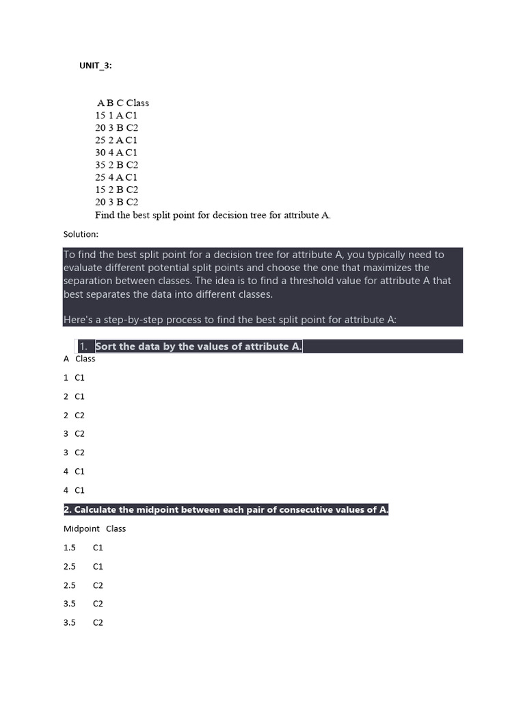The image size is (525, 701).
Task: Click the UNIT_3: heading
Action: pyautogui.click(x=96, y=65)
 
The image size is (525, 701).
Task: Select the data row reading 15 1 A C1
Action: pyautogui.click(x=116, y=116)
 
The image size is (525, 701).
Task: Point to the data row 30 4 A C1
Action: pyautogui.click(x=116, y=153)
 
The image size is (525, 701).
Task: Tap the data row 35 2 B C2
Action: pyautogui.click(x=117, y=165)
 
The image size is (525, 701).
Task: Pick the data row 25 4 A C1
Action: pyautogui.click(x=116, y=177)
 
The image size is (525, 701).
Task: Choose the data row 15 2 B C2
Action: pyautogui.click(x=117, y=190)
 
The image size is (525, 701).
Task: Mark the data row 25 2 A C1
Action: pyautogui.click(x=116, y=140)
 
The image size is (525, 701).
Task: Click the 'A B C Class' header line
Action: pyautogui.click(x=122, y=103)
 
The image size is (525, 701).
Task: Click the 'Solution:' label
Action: pyautogui.click(x=81, y=234)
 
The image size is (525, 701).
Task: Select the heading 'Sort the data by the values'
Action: pyautogui.click(x=198, y=346)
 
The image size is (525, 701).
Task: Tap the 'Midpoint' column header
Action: pyautogui.click(x=81, y=528)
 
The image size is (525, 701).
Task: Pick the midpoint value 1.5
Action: pyautogui.click(x=70, y=548)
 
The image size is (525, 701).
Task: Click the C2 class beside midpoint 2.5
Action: pyautogui.click(x=98, y=585)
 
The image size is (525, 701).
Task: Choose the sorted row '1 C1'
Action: pyautogui.click(x=74, y=378)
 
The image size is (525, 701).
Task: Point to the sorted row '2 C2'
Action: pyautogui.click(x=74, y=416)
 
